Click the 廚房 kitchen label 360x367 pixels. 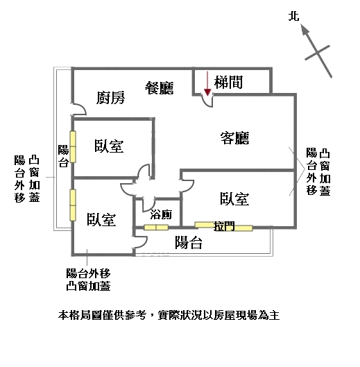pos(110,98)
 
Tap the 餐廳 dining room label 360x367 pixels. pos(159,88)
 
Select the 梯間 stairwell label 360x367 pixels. pos(228,82)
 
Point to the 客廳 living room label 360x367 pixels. pos(234,138)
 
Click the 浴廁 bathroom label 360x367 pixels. pos(161,214)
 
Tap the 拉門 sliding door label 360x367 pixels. pos(224,226)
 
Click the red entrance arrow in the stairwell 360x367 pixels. pos(207,84)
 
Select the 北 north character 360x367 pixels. pos(293,17)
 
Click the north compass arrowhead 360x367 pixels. pos(305,29)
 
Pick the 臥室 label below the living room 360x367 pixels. pos(234,199)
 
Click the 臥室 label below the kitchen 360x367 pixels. pos(109,146)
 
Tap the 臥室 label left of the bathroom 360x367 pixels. pos(101,219)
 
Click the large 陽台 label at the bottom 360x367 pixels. pos(189,243)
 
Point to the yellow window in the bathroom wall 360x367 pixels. pos(156,228)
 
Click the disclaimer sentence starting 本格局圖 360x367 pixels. pos(169,315)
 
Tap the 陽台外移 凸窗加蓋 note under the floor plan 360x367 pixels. pos(88,280)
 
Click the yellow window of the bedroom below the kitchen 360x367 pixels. pos(73,147)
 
